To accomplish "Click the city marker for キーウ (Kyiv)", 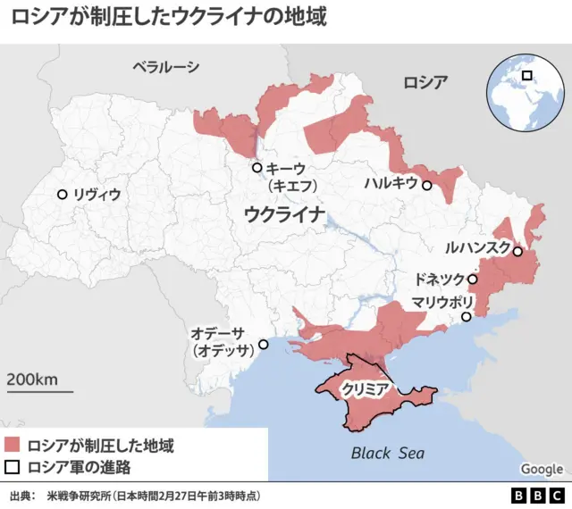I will pyautogui.click(x=257, y=168).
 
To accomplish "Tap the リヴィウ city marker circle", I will pyautogui.click(x=62, y=195).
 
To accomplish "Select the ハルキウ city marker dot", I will pyautogui.click(x=427, y=186).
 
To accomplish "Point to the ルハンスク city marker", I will pyautogui.click(x=517, y=252).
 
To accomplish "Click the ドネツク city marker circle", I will pyautogui.click(x=473, y=280).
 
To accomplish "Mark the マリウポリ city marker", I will pyautogui.click(x=467, y=317).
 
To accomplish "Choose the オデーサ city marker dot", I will pyautogui.click(x=263, y=345).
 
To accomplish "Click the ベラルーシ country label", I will pyautogui.click(x=165, y=67).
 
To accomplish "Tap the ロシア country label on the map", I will pyautogui.click(x=425, y=82).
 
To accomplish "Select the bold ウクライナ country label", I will pyautogui.click(x=283, y=214).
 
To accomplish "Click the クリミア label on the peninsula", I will pyautogui.click(x=364, y=389).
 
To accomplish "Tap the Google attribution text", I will pyautogui.click(x=542, y=470).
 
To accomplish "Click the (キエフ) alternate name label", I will pyautogui.click(x=287, y=186).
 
